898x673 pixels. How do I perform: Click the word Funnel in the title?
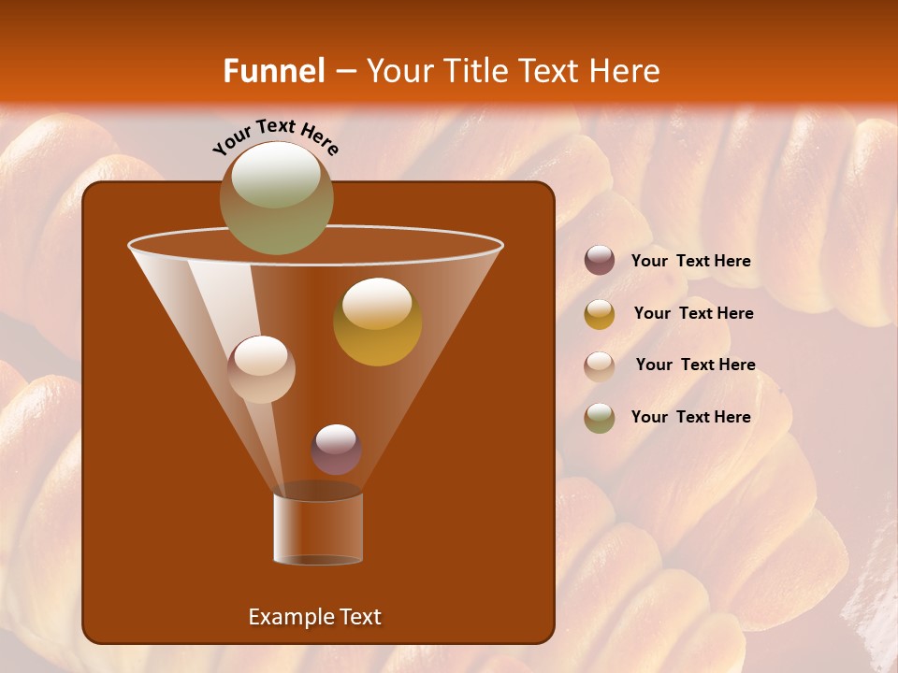[x=273, y=70]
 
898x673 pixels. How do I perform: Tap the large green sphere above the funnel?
[x=276, y=197]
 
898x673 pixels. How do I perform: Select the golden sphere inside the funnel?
[x=377, y=321]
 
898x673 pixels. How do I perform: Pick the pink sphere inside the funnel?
[x=261, y=369]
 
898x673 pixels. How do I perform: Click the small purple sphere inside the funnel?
[x=336, y=449]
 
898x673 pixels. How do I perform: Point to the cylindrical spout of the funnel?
[x=318, y=528]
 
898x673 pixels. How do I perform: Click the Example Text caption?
[x=314, y=617]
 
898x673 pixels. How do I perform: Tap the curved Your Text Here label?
[x=275, y=136]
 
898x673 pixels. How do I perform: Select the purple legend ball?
[x=600, y=261]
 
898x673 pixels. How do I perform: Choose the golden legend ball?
[x=600, y=314]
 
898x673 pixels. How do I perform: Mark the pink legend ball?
[x=600, y=365]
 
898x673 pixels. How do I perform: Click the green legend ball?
[x=600, y=418]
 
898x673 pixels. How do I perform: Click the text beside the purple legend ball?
[x=690, y=262]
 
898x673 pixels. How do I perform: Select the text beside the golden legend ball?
[x=693, y=314]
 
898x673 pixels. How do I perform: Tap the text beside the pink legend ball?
[x=695, y=365]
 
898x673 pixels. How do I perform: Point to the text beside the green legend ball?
[x=690, y=418]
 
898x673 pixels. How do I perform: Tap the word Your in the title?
[x=397, y=70]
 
